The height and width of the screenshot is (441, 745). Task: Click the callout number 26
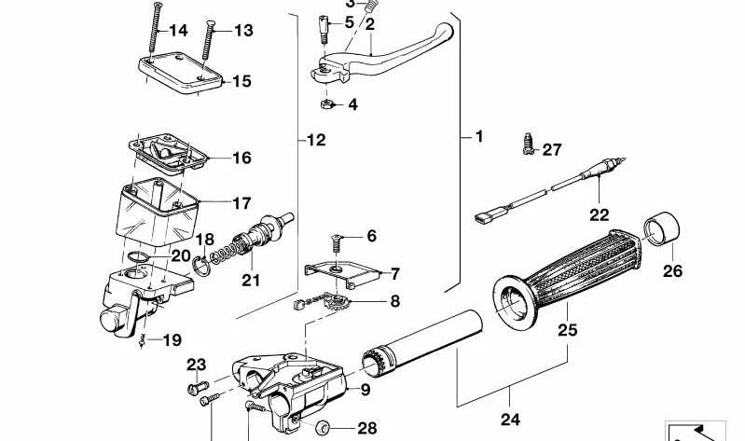671,272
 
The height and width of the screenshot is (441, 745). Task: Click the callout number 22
597,214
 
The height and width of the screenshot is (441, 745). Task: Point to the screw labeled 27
527,146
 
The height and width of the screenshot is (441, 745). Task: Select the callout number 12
316,141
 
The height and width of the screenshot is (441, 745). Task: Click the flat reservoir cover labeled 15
182,76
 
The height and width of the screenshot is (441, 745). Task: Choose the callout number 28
366,429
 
